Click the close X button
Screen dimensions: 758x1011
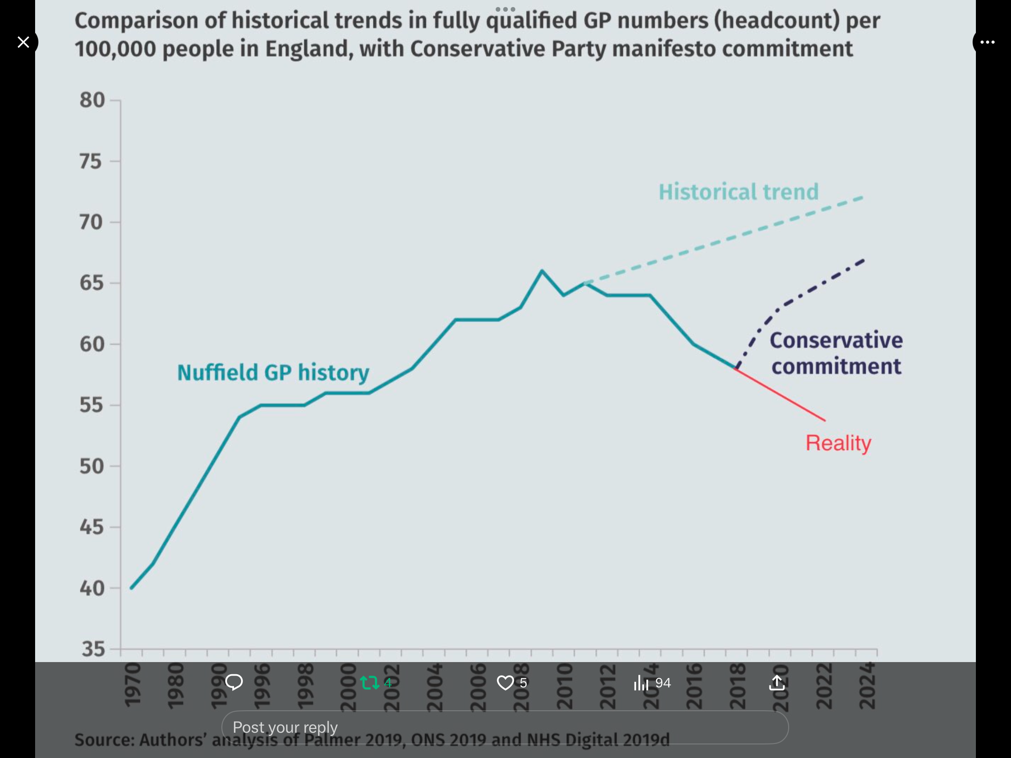23,42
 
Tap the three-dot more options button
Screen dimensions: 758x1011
987,42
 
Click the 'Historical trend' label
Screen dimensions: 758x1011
739,192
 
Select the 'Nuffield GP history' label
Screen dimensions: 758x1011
273,373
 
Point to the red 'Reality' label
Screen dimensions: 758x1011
838,443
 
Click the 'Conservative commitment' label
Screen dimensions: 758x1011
836,353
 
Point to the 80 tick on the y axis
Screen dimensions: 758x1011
92,100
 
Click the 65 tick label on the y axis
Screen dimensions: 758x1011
91,283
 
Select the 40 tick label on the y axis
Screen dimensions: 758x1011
91,588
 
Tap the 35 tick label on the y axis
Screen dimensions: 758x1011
93,649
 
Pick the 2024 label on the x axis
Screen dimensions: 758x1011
867,685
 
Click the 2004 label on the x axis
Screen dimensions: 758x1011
435,686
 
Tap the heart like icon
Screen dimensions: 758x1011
505,683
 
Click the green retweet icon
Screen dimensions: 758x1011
370,683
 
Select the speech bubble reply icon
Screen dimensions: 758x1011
234,682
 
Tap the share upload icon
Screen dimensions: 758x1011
777,683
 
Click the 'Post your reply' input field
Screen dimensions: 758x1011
505,727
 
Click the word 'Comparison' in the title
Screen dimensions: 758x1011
149,21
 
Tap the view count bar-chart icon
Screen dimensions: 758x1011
641,683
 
